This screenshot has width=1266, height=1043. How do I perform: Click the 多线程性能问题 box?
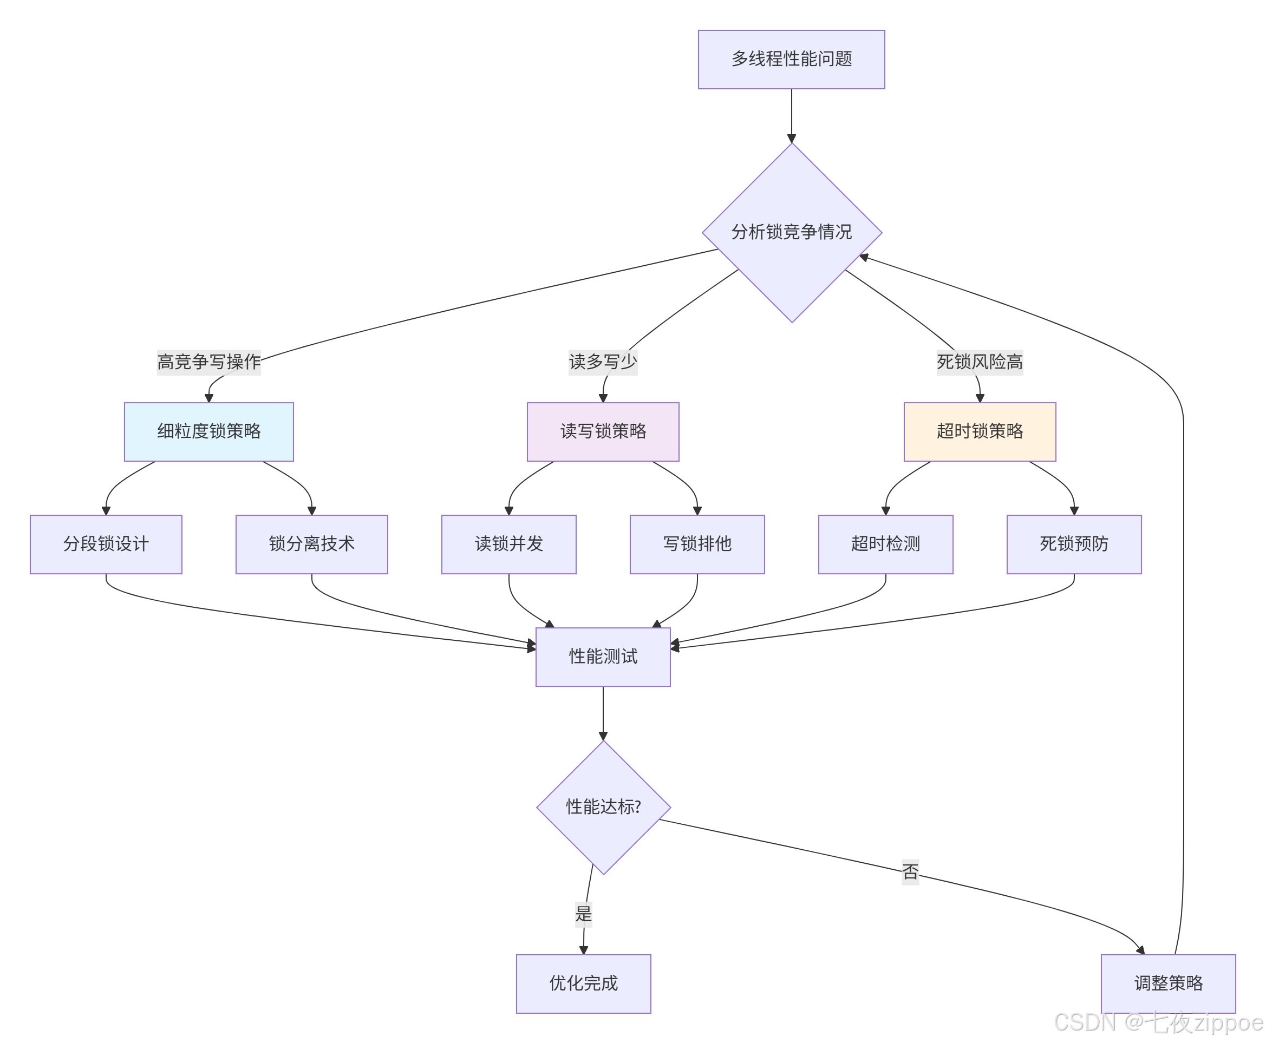tap(791, 60)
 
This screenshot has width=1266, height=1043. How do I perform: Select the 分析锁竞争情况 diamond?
tap(791, 232)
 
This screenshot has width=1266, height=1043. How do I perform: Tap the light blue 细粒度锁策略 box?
tap(208, 431)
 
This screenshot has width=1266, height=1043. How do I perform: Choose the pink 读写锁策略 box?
tap(602, 431)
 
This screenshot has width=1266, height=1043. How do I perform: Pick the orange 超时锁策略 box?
tap(979, 431)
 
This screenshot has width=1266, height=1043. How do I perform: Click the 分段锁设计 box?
tap(106, 544)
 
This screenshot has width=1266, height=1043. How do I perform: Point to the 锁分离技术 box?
tap(311, 544)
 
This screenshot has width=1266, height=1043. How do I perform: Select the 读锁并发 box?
tap(508, 544)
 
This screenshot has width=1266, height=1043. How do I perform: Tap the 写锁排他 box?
tap(697, 544)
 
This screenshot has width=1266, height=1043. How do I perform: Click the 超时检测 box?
tap(885, 544)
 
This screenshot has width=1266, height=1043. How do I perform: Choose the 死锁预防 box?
tap(1074, 544)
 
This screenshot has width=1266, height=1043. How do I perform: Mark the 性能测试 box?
tap(602, 656)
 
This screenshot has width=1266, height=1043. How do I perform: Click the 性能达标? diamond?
tap(603, 807)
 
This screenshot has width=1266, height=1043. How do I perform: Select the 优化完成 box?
tap(583, 983)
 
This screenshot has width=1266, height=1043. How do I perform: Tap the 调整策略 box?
tap(1167, 983)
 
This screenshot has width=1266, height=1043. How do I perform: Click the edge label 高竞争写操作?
tap(208, 362)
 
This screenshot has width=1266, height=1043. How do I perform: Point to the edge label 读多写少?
tap(602, 362)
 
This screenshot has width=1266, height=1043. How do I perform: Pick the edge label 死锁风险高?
tap(979, 362)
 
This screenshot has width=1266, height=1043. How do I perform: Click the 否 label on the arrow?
tap(910, 871)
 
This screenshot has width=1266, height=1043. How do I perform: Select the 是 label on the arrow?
tap(583, 914)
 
